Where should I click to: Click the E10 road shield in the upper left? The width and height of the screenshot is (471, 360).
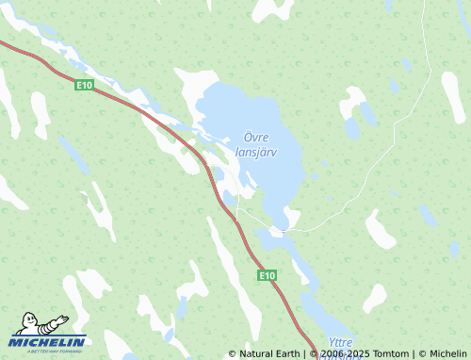pyautogui.click(x=85, y=85)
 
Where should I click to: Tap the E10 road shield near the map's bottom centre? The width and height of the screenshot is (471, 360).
pyautogui.click(x=268, y=275)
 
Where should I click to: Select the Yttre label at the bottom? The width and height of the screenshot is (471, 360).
pyautogui.click(x=338, y=343)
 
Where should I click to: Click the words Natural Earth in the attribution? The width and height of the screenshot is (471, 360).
pyautogui.click(x=270, y=354)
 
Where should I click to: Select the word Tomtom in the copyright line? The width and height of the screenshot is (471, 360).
pyautogui.click(x=390, y=354)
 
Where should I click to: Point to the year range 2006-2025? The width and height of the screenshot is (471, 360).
pyautogui.click(x=347, y=354)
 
